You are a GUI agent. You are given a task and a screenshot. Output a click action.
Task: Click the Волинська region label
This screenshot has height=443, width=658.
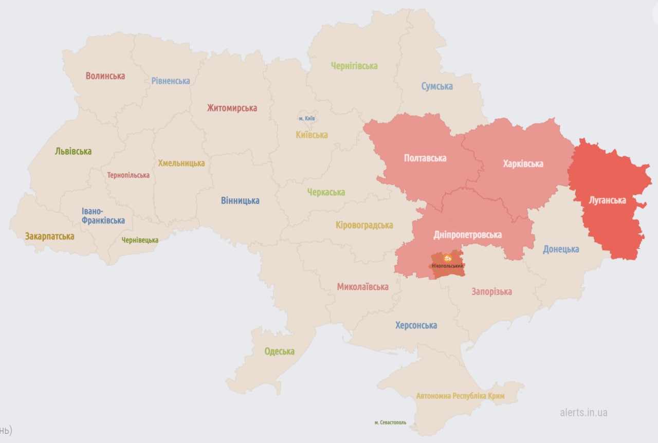click(x=105, y=76)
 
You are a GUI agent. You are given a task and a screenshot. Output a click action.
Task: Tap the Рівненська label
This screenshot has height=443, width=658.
click(x=171, y=81)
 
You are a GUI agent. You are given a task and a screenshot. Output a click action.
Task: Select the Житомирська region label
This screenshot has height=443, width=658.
click(x=232, y=108)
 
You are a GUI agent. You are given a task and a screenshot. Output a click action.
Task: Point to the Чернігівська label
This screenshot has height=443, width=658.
click(x=354, y=66)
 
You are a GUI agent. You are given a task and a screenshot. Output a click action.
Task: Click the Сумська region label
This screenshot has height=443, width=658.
click(x=437, y=86)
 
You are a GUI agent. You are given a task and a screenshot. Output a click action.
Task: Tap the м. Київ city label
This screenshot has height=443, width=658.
click(x=307, y=119)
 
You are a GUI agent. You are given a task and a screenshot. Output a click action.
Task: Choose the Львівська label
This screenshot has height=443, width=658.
click(x=73, y=152)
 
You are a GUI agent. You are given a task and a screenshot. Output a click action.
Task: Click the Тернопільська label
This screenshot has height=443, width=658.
click(x=129, y=175)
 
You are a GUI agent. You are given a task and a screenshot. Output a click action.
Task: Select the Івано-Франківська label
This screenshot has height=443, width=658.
click(x=103, y=216)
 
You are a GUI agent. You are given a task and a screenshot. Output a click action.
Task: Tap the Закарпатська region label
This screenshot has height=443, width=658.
click(x=49, y=237)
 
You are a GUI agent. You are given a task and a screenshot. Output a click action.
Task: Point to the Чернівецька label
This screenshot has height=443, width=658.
click(x=140, y=240)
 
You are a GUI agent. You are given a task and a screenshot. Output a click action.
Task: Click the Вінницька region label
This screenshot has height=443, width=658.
click(x=240, y=201)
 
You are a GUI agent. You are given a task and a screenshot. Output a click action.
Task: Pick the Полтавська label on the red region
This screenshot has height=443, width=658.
click(x=425, y=158)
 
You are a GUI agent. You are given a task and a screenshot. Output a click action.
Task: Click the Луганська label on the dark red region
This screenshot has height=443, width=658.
click(x=608, y=200)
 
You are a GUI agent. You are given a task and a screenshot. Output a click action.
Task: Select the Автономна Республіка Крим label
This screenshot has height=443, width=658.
click(x=460, y=396)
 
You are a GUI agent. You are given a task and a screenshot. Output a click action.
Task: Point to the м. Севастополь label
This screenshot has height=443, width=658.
click(x=390, y=422)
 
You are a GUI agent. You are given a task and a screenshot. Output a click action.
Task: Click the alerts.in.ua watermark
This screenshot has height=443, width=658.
click(x=583, y=413)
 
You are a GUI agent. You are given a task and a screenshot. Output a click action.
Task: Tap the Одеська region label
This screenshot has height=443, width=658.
click(x=279, y=352)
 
